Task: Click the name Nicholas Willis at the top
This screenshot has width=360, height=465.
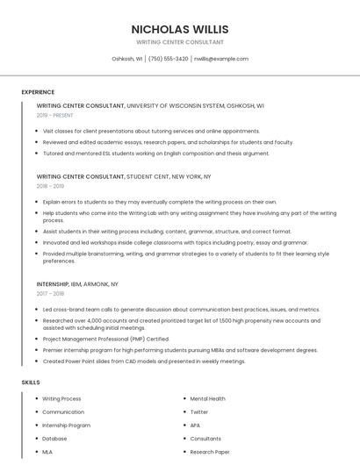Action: click(179, 28)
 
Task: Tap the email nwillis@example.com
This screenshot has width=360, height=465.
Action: click(221, 59)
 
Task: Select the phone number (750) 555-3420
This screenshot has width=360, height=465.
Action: click(168, 59)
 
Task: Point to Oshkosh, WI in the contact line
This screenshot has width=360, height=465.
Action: click(127, 59)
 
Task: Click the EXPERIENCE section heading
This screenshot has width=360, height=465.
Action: click(38, 92)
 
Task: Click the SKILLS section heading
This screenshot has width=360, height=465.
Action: click(31, 383)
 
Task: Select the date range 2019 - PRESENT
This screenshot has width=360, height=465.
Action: click(55, 115)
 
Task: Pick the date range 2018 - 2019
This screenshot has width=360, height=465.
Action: click(50, 186)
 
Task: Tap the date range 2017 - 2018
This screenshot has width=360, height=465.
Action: click(50, 295)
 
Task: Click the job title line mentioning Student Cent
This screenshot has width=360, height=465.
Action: click(124, 176)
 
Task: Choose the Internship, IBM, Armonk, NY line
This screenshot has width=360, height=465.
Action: click(77, 285)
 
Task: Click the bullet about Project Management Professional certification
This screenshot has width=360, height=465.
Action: click(106, 339)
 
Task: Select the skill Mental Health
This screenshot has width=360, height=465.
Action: click(208, 398)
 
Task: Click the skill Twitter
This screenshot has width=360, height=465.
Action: click(199, 411)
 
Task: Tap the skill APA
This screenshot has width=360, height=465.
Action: click(195, 425)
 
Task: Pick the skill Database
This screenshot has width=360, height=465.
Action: click(54, 438)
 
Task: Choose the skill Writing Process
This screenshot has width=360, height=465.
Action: click(61, 398)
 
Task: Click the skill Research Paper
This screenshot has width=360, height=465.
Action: click(210, 451)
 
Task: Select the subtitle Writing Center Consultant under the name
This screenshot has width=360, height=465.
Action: click(179, 42)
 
